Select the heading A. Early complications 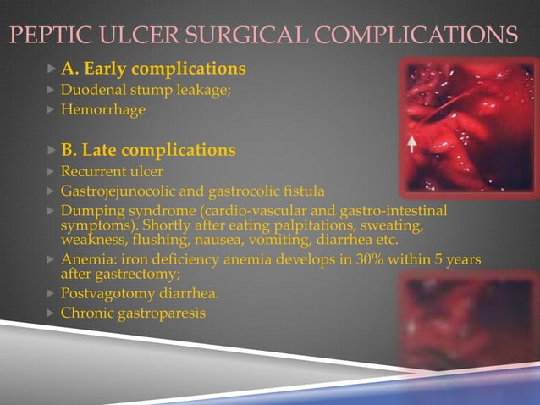pyautogui.click(x=153, y=68)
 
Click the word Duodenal pyautogui.click(x=90, y=89)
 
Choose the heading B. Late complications pyautogui.click(x=148, y=150)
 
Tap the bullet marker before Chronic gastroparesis pyautogui.click(x=51, y=313)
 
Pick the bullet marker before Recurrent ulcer pyautogui.click(x=51, y=171)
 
